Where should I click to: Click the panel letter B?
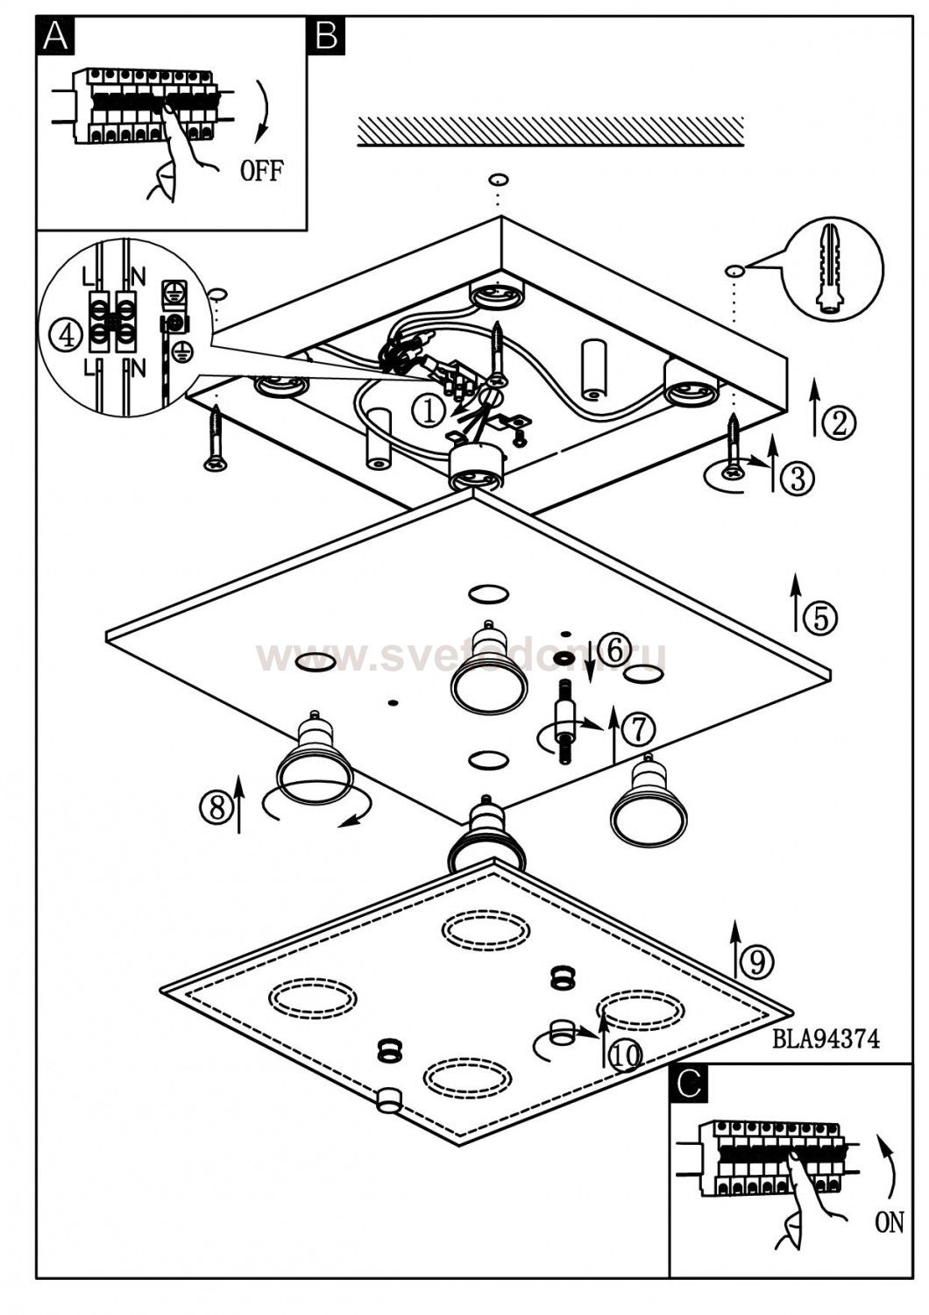pyautogui.click(x=325, y=35)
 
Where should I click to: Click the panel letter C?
pyautogui.click(x=689, y=1084)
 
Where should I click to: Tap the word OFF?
pyautogui.click(x=262, y=170)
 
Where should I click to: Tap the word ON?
pyautogui.click(x=889, y=1222)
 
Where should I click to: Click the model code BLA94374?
pyautogui.click(x=826, y=1039)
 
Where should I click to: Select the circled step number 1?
pyautogui.click(x=429, y=410)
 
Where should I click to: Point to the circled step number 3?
pyautogui.click(x=798, y=478)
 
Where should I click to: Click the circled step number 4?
pyautogui.click(x=65, y=334)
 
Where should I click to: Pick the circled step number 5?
pyautogui.click(x=820, y=618)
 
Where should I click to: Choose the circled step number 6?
pyautogui.click(x=616, y=650)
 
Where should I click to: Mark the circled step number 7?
pyautogui.click(x=638, y=728)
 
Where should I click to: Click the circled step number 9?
pyautogui.click(x=757, y=962)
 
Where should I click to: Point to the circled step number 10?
pyautogui.click(x=626, y=1055)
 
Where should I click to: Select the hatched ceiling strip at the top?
pyautogui.click(x=550, y=131)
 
